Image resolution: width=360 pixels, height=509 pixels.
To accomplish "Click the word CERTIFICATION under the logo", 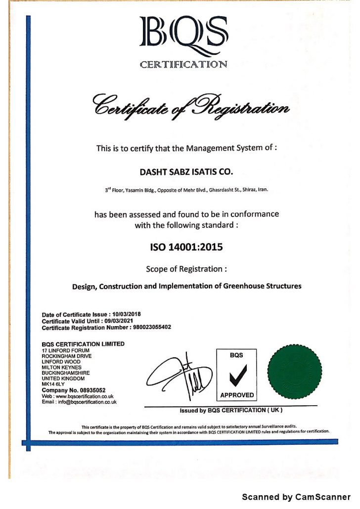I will point(183,64).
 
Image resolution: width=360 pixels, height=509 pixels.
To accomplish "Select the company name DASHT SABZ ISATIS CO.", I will point(186,172).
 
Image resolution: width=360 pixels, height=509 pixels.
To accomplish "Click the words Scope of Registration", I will point(186,269).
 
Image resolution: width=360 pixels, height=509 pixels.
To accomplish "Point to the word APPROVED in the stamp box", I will point(237,395).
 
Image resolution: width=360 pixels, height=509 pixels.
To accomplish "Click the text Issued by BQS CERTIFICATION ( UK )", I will point(231,410).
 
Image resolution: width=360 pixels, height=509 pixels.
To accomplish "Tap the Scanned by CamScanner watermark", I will point(296,497).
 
